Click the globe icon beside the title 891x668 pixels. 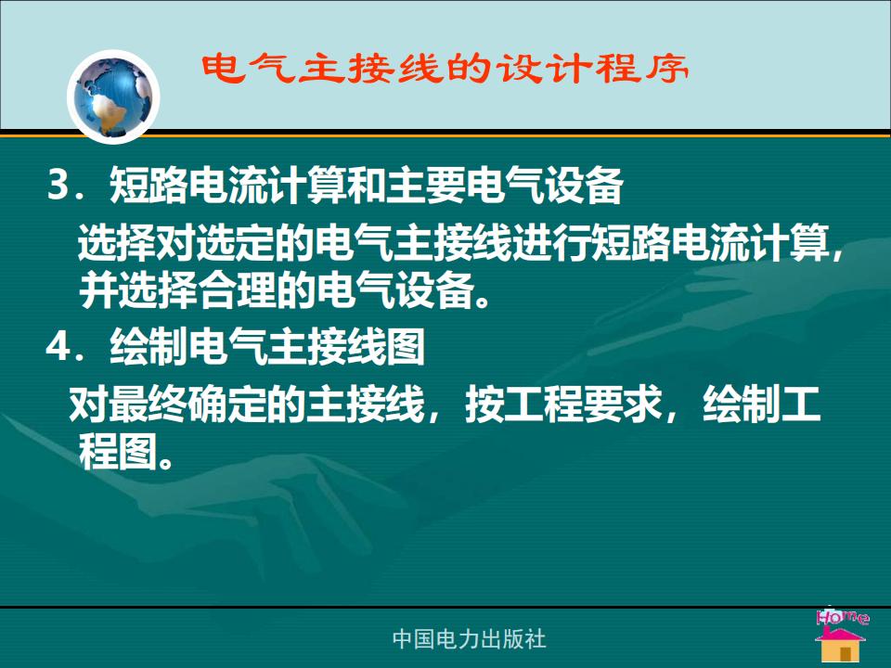113,96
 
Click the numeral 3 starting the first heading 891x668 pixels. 58,186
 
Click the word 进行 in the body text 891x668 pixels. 551,243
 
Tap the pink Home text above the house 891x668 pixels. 842,616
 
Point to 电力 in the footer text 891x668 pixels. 459,639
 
